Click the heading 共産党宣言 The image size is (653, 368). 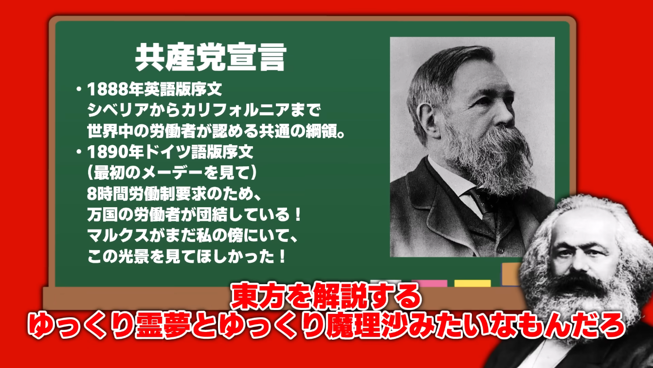(x=211, y=58)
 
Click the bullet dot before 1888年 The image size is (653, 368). (x=78, y=89)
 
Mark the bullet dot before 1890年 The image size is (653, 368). (x=78, y=152)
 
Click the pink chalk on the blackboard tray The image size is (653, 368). (x=429, y=283)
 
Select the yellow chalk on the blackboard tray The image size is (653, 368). (x=472, y=283)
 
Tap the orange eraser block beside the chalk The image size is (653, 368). (x=511, y=274)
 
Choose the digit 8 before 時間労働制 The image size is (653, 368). (x=91, y=194)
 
